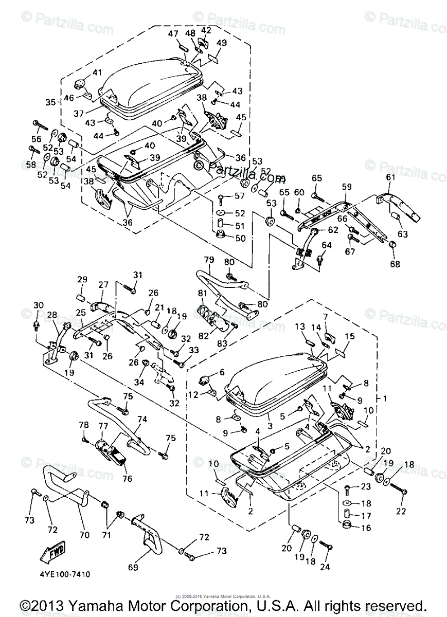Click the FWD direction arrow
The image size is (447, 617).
click(x=52, y=553)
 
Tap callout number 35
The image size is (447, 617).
click(x=50, y=102)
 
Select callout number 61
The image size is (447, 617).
click(x=391, y=178)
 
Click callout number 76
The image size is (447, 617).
click(x=127, y=479)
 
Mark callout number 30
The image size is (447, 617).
click(x=39, y=305)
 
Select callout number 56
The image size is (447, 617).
click(x=35, y=139)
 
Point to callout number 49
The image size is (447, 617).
click(x=221, y=43)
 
